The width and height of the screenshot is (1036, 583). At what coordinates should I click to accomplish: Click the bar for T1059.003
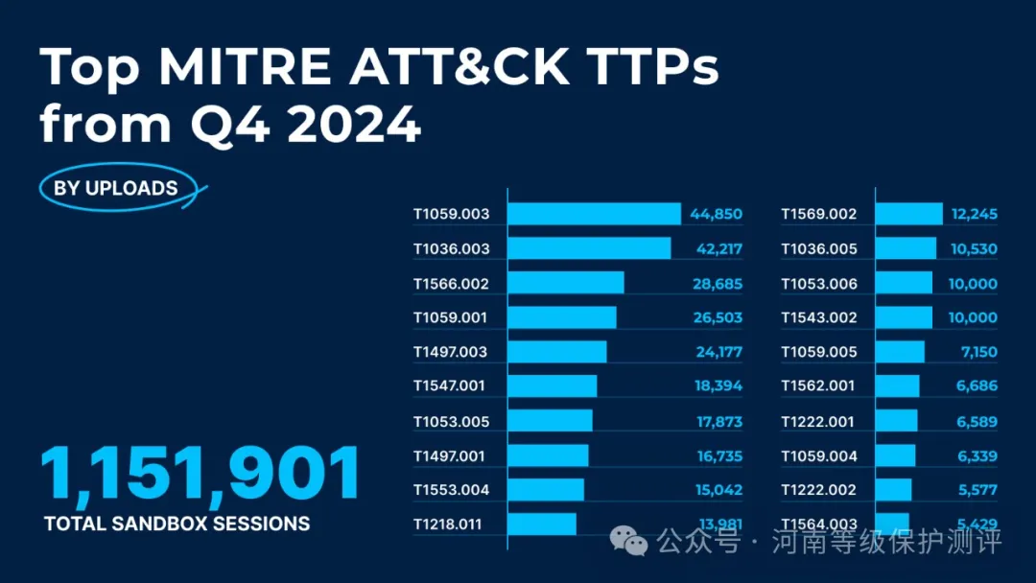click(593, 214)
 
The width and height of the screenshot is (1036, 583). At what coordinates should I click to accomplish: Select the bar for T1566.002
click(565, 283)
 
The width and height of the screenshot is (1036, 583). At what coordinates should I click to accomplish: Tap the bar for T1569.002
click(908, 214)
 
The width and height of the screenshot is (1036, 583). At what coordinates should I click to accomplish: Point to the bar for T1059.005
click(900, 352)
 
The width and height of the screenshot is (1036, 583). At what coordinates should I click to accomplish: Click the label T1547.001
click(449, 386)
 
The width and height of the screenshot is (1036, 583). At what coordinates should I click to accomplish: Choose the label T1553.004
click(451, 490)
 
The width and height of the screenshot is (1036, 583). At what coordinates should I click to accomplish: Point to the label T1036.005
click(818, 249)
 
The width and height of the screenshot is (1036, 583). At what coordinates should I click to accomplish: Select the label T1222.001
click(818, 421)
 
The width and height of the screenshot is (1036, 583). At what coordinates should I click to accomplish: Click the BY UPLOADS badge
click(115, 188)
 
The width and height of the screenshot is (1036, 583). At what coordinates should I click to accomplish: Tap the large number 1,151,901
click(200, 475)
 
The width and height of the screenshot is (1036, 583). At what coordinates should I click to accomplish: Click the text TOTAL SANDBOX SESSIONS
click(177, 524)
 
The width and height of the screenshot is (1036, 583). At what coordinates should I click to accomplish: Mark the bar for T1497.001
click(548, 455)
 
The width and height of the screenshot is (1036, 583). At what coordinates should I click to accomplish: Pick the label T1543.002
click(818, 317)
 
